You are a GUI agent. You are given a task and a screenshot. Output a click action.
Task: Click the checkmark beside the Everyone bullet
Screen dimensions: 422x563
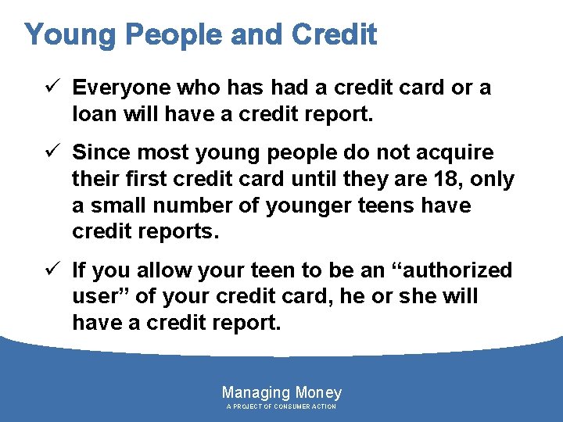[x=55, y=87]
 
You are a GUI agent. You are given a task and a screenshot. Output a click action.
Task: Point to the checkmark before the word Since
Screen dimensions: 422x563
[x=55, y=152]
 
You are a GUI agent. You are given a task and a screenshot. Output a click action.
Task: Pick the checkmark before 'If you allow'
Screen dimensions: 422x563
[x=55, y=270]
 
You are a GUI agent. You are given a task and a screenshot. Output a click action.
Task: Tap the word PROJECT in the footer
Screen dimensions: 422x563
[x=248, y=407]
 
